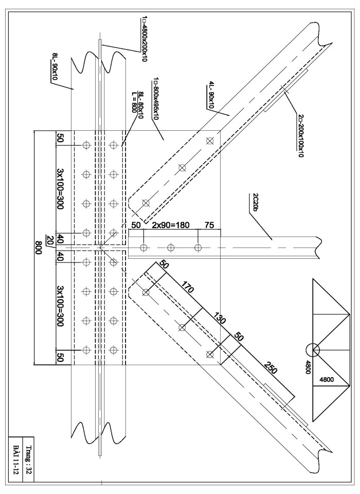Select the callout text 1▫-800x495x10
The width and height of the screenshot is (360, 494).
155,98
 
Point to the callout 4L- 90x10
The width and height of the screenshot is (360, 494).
211,95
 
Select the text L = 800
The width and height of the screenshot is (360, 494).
134,103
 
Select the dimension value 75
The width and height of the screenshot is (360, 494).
209,225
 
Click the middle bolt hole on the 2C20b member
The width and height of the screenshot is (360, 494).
171,248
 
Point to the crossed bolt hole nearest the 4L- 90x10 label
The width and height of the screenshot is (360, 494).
209,141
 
